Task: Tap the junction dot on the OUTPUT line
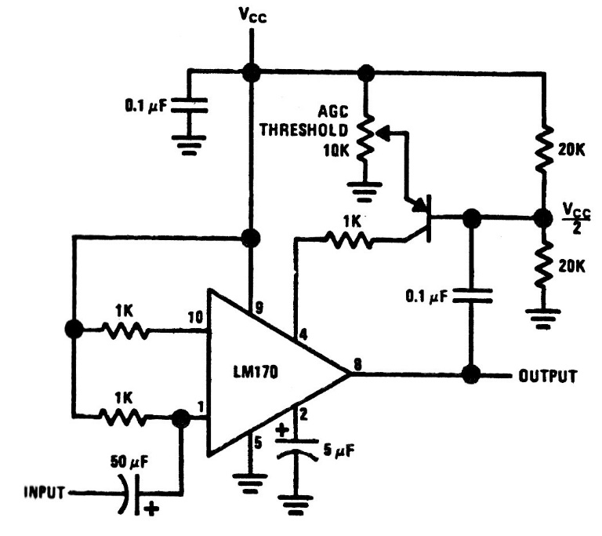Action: [471, 374]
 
